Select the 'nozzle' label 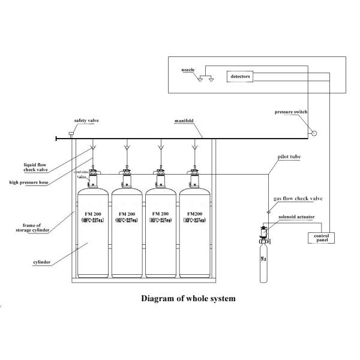click(x=188, y=70)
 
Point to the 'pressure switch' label click(x=290, y=112)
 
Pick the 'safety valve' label click(x=86, y=120)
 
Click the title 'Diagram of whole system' click(x=188, y=298)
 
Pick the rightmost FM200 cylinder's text click(x=194, y=216)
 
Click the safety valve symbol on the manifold click(x=70, y=133)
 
